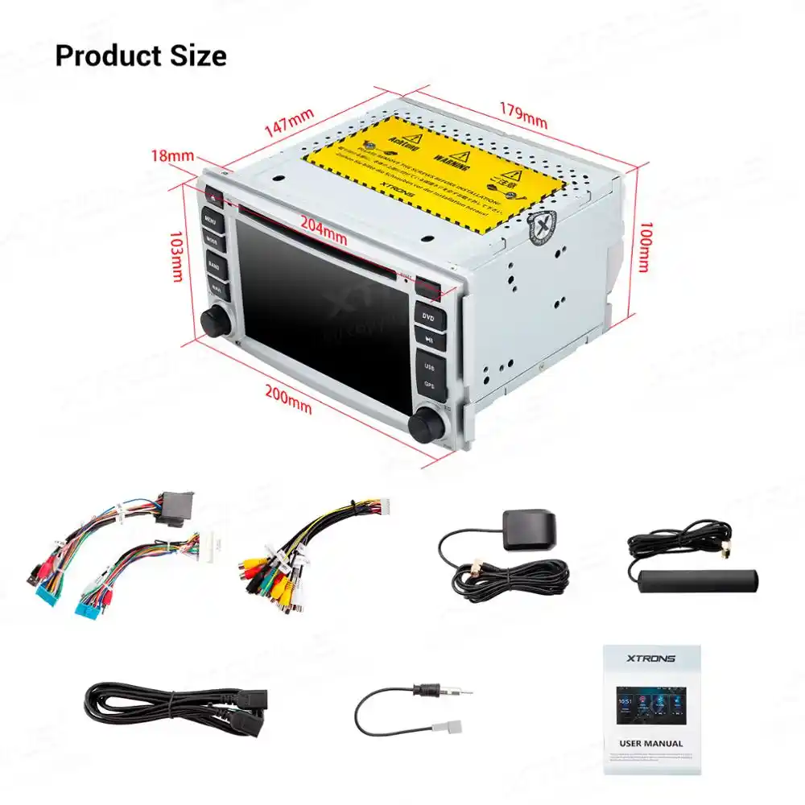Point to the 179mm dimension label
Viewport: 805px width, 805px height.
(x=522, y=115)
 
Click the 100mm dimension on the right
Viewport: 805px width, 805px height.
(x=643, y=246)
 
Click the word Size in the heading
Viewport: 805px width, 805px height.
(x=192, y=56)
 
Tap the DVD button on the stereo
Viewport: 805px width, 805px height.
(x=430, y=316)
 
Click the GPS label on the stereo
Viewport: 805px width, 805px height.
(x=430, y=385)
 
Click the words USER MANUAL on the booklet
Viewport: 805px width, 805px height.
(x=651, y=743)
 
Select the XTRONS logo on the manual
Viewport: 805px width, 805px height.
(x=651, y=658)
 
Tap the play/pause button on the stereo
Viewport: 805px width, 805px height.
(x=430, y=340)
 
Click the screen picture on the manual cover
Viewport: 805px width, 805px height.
(x=651, y=704)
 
